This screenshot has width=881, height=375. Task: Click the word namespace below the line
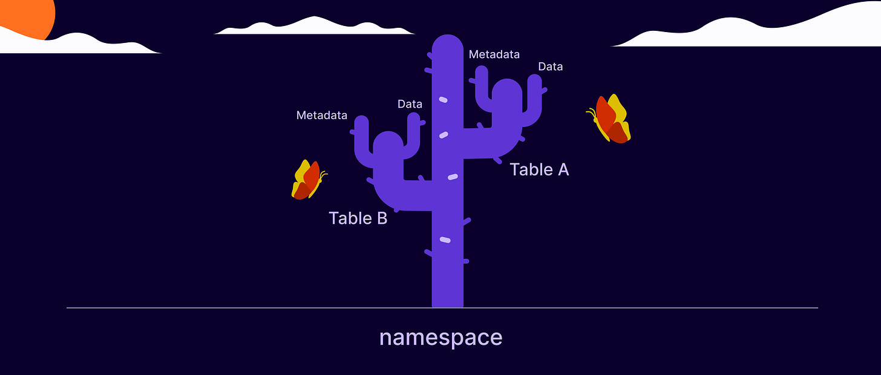coord(440,337)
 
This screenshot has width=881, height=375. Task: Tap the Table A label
coord(539,170)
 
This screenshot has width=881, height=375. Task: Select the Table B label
coord(358,218)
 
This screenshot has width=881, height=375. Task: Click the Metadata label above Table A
coord(494,54)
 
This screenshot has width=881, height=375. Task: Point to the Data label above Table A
coord(550,67)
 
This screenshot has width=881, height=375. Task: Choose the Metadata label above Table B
coord(321,115)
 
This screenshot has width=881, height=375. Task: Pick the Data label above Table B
coord(410,104)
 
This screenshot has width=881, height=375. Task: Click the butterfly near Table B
coord(308,180)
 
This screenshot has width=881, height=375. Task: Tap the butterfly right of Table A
coord(610,119)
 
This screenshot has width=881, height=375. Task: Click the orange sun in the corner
coord(27,15)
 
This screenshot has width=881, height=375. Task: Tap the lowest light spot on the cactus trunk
coord(445,240)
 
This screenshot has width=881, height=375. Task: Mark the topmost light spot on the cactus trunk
coord(443,99)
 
